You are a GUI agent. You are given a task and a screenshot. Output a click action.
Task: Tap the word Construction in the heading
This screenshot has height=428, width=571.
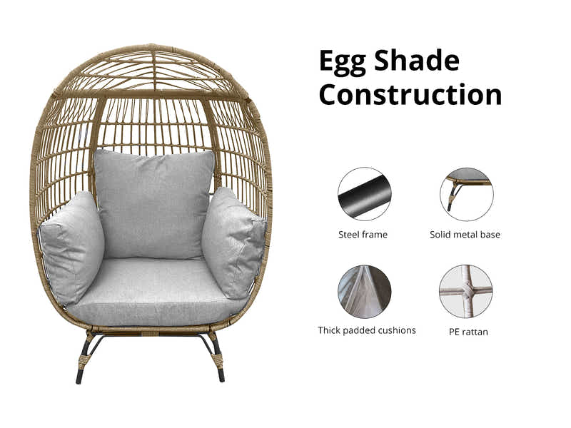410,94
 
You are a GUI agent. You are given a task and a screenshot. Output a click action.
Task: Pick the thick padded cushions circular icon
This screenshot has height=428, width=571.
364,291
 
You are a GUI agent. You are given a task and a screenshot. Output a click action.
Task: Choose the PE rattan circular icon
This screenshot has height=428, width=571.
466,291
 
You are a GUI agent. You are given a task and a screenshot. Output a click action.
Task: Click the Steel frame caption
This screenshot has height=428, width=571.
363,234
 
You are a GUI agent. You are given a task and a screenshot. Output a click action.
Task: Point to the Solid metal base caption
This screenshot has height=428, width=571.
465,234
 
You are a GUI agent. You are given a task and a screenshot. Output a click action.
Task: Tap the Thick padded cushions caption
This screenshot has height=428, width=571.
367,330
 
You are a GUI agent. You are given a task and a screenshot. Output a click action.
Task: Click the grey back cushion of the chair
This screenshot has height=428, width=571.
154,203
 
